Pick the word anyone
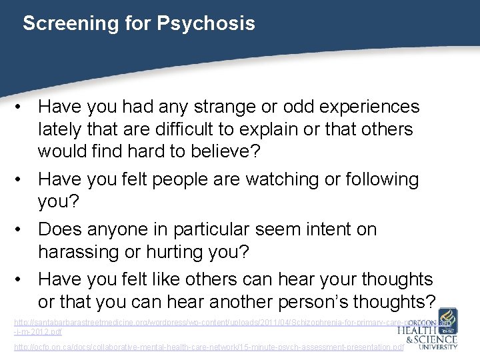pyautogui.click(x=117, y=229)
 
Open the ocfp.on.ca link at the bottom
pyautogui.click(x=209, y=348)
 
